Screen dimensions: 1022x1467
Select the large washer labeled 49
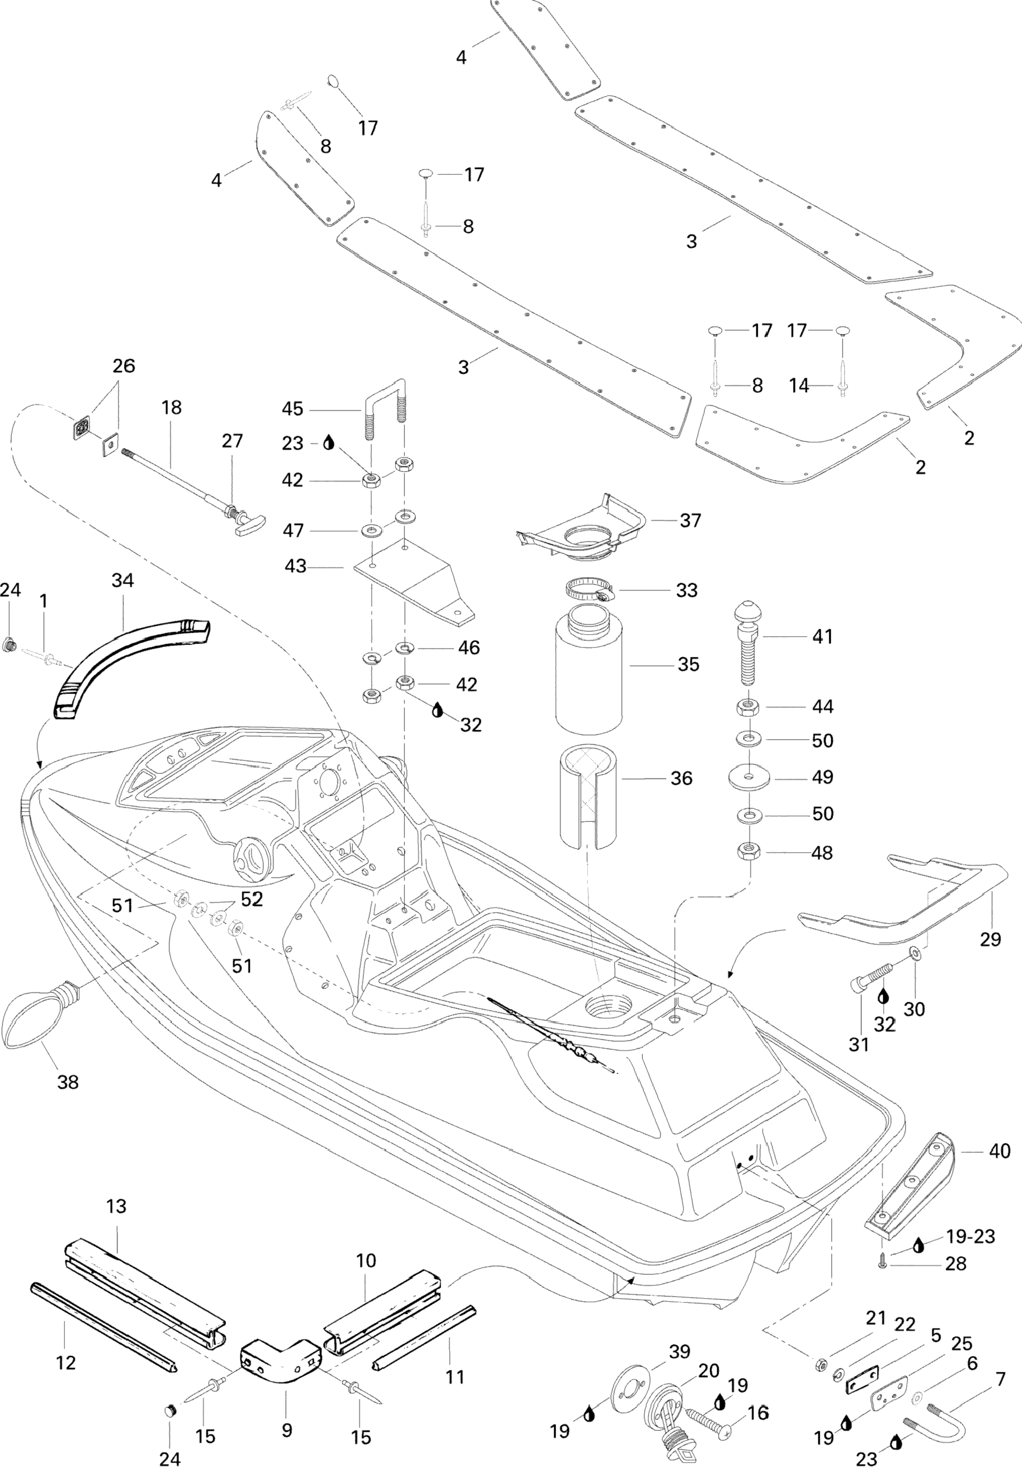pos(749,777)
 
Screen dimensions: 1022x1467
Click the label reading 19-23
pos(971,1236)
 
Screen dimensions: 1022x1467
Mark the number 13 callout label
pos(116,1206)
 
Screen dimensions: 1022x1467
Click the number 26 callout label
pos(124,366)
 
